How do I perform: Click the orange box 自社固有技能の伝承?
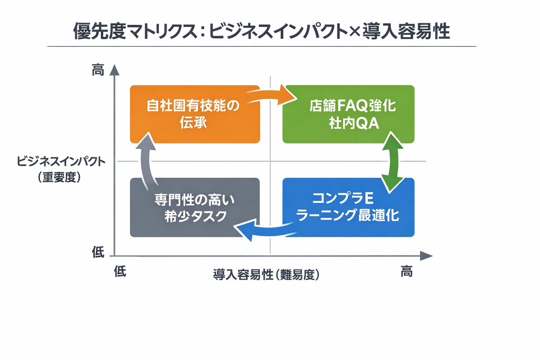194,114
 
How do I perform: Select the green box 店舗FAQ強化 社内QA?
348,114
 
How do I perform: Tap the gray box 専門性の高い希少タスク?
194,207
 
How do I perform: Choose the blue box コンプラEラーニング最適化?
348,207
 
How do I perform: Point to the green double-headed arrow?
392,162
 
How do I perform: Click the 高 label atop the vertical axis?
98,70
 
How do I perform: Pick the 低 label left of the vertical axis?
98,252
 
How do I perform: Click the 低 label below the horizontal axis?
120,271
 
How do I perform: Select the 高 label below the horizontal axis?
406,271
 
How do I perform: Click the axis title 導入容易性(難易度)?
266,275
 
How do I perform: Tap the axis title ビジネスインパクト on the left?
61,162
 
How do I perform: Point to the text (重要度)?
59,177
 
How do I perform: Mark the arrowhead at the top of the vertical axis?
114,70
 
